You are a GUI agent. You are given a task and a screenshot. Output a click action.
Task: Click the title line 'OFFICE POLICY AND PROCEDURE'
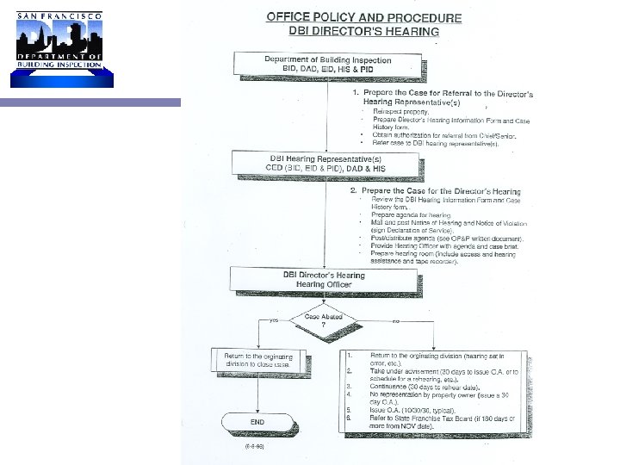363,17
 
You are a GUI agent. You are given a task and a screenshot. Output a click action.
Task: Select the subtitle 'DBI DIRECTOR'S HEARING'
363,32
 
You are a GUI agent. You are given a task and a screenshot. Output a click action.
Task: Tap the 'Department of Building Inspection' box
327,65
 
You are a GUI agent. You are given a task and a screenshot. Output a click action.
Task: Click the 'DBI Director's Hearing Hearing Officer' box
324,281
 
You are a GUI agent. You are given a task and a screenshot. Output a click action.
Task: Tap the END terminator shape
257,423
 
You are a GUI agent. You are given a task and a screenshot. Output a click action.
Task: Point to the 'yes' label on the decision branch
274,320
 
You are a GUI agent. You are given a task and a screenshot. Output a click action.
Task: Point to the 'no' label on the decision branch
395,320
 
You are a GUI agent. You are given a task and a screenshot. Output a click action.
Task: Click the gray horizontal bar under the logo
90,102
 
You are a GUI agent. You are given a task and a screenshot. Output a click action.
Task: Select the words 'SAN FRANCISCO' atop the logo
56,16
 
